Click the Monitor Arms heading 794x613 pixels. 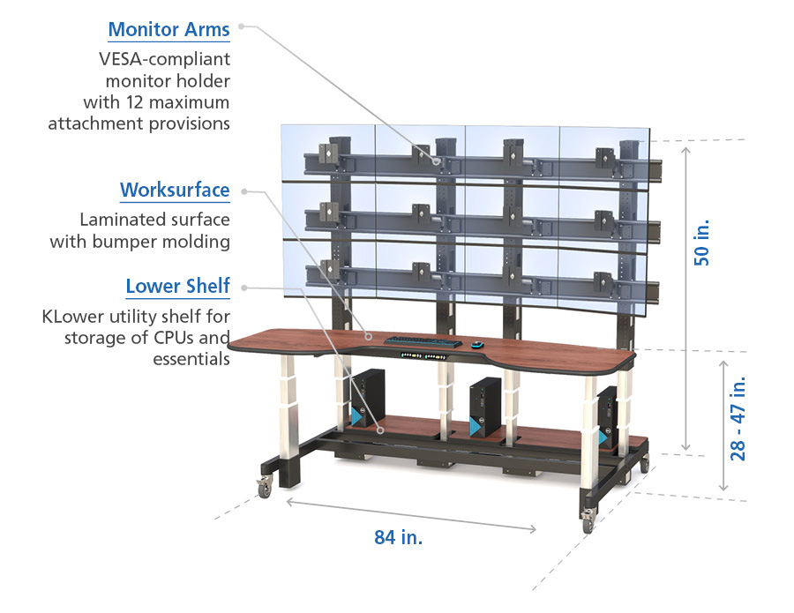[x=169, y=29]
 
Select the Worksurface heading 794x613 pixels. [x=175, y=190]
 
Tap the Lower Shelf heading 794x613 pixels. [x=177, y=286]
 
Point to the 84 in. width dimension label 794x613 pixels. [x=398, y=537]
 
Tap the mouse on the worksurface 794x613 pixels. [x=476, y=344]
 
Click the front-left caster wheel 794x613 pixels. [x=264, y=485]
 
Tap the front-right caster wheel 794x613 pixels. [x=588, y=524]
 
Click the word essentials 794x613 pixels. [x=191, y=358]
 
